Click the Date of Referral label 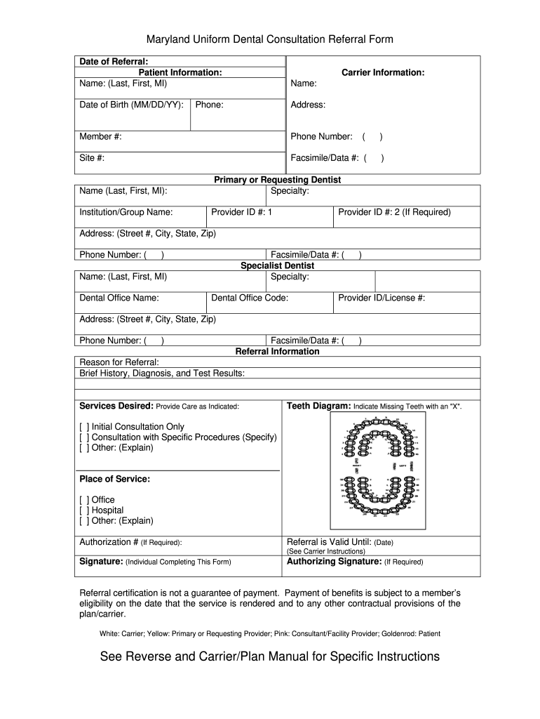(114, 62)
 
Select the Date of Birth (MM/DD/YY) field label (132, 105)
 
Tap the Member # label (100, 136)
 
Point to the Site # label (92, 158)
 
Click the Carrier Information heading (383, 72)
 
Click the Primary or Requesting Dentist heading (277, 180)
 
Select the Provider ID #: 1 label (241, 212)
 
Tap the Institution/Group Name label (126, 212)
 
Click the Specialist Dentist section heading (277, 265)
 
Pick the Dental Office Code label (250, 298)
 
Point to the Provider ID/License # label (382, 298)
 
